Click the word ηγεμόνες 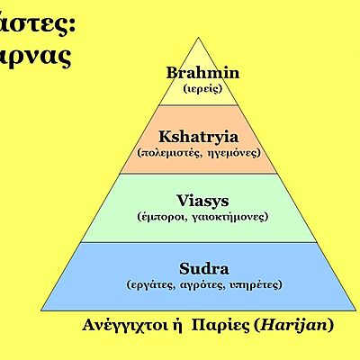[234, 154]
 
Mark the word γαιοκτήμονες [229, 218]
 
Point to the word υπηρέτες [253, 284]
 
